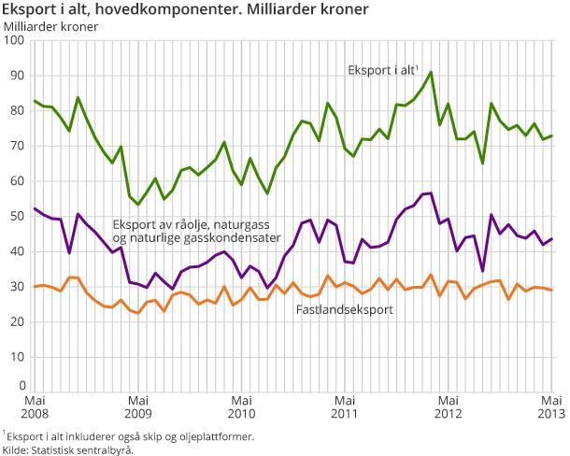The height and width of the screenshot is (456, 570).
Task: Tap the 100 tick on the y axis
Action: pos(14,41)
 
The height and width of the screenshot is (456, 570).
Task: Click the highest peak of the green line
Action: pos(431,72)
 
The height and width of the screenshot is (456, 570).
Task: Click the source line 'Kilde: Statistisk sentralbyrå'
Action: pos(69,449)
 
